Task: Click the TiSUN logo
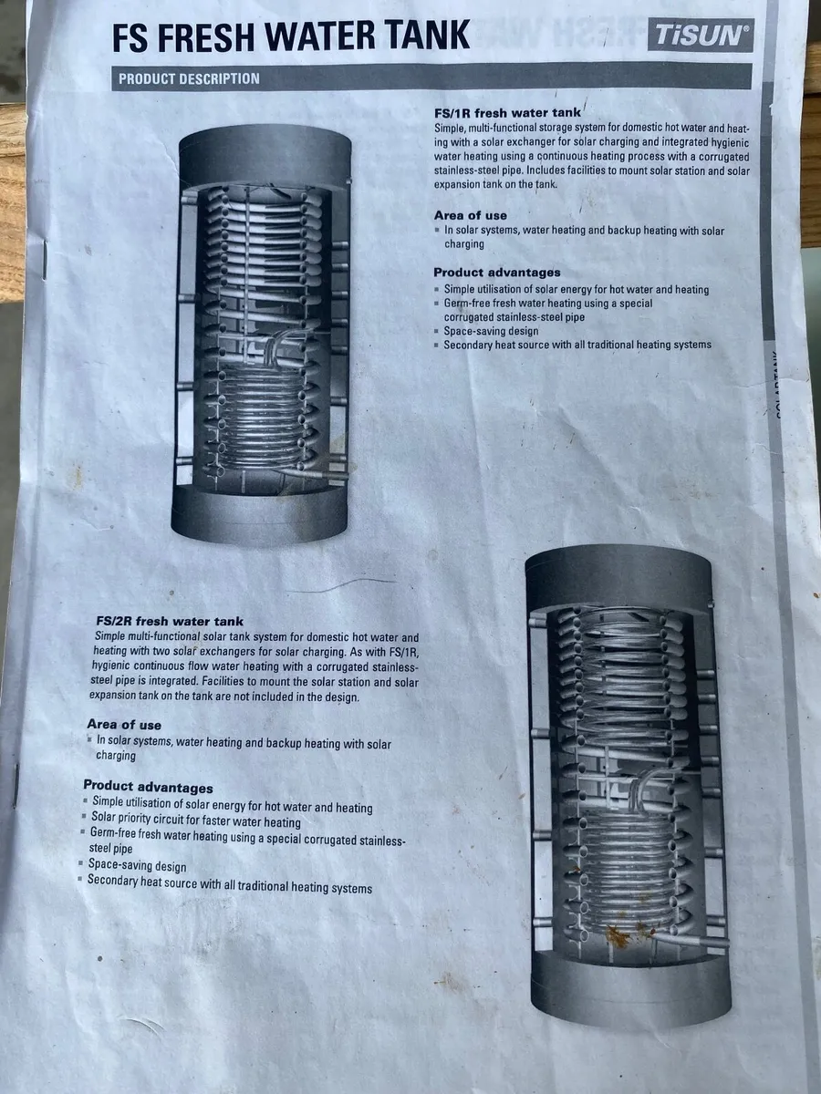coord(701,36)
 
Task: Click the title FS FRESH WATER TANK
coord(291,36)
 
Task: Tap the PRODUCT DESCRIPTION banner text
coord(189,79)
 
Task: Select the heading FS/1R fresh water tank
coord(507,113)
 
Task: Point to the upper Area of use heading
coord(470,216)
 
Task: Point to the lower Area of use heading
coord(124,725)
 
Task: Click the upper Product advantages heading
coord(497,273)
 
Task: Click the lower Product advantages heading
coord(148,787)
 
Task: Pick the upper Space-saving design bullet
coord(491,331)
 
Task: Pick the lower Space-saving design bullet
coord(137,866)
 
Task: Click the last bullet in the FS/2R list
coord(230,886)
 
